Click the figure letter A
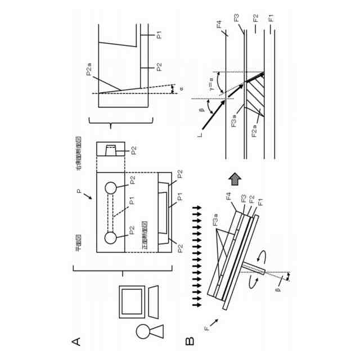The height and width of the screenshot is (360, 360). (x=77, y=341)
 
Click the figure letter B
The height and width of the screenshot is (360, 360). (x=190, y=341)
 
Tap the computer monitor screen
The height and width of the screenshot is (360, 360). (x=132, y=301)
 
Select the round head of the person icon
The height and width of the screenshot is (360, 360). (x=143, y=331)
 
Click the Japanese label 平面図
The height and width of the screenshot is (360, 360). (x=79, y=247)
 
